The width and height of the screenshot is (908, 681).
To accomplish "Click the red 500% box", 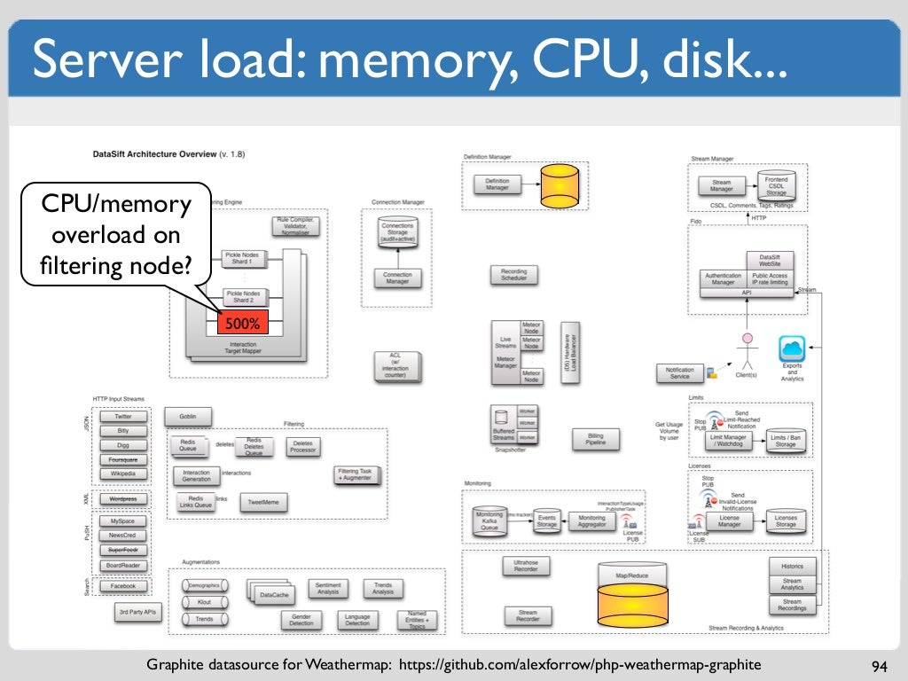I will tap(242, 325).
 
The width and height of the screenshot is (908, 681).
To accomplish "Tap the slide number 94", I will tap(880, 666).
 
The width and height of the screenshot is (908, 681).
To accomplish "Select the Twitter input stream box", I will tap(123, 416).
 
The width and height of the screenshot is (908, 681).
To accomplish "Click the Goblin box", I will tap(188, 416).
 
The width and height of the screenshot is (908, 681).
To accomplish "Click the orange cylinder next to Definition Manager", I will tap(560, 184).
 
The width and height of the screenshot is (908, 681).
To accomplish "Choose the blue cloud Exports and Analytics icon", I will tap(791, 348).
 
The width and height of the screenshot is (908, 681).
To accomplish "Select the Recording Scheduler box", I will tap(514, 276).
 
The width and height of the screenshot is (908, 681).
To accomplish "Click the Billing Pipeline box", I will tap(595, 438).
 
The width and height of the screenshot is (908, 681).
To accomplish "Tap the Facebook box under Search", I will tap(123, 586).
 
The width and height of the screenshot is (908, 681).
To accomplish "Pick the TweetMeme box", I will tap(263, 503).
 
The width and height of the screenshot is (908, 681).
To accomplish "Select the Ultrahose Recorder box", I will tap(526, 565).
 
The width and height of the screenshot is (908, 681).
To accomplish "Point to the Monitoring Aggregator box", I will tap(591, 521).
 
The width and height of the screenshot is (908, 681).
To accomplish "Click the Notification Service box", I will tap(679, 373).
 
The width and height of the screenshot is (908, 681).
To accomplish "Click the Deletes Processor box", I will tap(303, 446).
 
